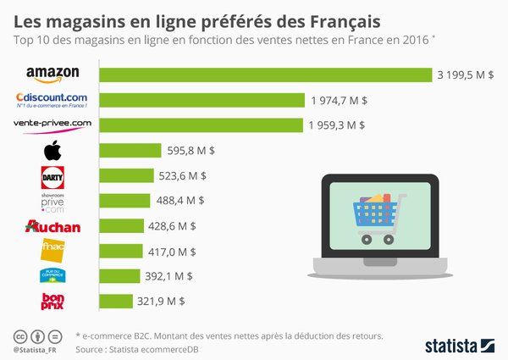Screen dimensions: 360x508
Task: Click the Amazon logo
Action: (52, 75)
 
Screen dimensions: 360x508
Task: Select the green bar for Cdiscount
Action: (202, 100)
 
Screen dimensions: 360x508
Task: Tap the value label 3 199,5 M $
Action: (467, 75)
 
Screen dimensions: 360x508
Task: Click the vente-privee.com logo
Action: (52, 125)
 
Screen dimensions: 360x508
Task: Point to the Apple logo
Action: (52, 151)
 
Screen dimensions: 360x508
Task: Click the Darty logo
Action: (52, 176)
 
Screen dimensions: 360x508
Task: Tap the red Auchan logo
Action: (52, 226)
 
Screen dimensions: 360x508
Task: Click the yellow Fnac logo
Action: (52, 251)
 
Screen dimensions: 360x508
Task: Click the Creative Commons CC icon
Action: (20, 335)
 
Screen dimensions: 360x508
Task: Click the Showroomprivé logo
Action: (52, 202)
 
